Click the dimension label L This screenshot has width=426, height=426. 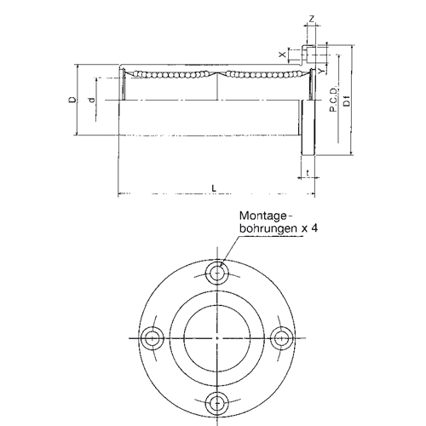click(x=214, y=187)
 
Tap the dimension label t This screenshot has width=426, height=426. click(x=308, y=173)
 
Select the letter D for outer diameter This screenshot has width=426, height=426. click(x=73, y=100)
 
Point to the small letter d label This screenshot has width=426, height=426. click(x=91, y=100)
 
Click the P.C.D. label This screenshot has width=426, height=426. click(x=333, y=99)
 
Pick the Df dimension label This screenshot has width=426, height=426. click(x=347, y=101)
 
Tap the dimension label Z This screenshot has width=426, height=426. click(x=312, y=19)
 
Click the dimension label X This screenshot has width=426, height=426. click(x=282, y=55)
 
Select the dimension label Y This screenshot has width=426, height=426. click(x=321, y=71)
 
